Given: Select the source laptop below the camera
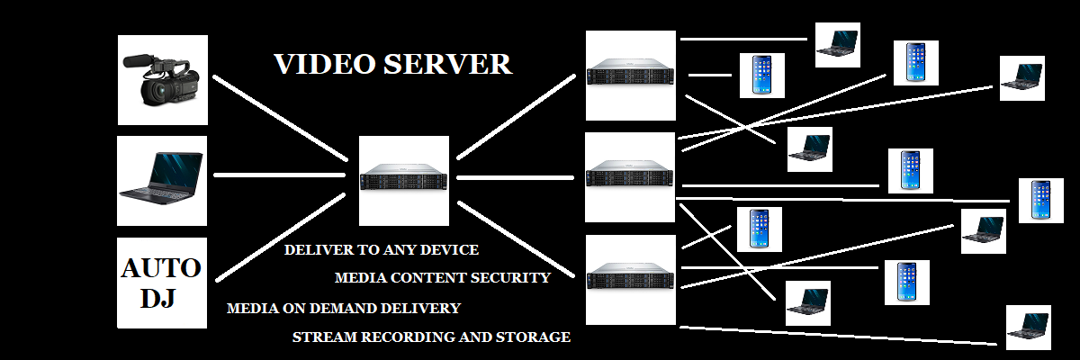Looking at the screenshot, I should (x=163, y=181).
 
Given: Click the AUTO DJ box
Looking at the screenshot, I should (x=162, y=283).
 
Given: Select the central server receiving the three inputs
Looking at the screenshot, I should (x=403, y=180).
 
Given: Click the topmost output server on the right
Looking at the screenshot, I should (x=630, y=75).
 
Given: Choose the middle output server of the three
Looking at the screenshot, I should (x=630, y=176).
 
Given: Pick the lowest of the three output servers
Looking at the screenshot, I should (x=630, y=279).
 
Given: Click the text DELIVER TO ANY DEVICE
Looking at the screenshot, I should (x=382, y=250).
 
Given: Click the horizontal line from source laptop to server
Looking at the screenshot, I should (x=279, y=175).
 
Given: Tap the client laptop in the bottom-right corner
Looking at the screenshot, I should (x=1028, y=327).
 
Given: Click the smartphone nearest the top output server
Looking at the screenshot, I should (x=761, y=75).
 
